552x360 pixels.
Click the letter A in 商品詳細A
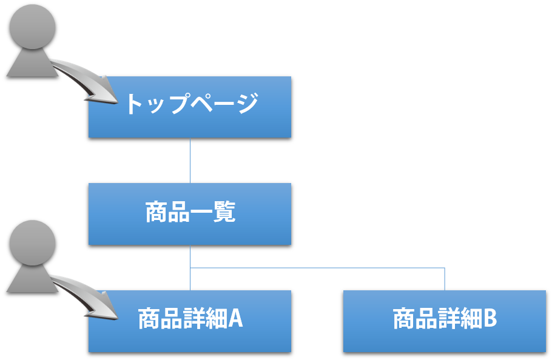click(x=235, y=319)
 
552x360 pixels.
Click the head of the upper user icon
click(x=33, y=25)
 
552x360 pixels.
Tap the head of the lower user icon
click(x=33, y=242)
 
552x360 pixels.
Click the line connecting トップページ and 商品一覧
click(x=190, y=161)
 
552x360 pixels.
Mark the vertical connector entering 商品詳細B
click(x=445, y=279)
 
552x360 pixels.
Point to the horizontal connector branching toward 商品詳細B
click(x=315, y=267)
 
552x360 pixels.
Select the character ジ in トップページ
click(x=246, y=104)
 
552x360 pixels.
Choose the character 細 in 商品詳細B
click(x=467, y=319)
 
